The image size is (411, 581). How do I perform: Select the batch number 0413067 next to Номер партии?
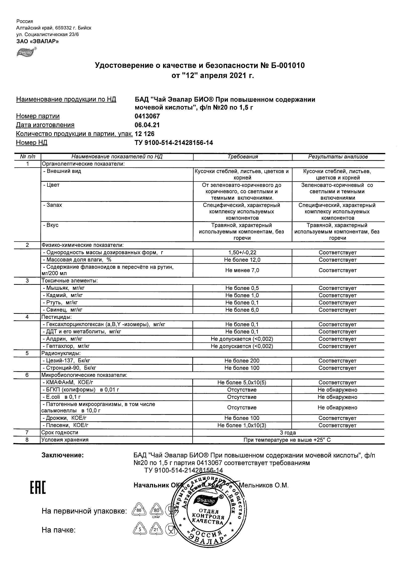tap(147, 116)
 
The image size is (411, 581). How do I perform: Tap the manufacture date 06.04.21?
tap(147, 125)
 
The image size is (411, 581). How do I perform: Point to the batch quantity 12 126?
tap(145, 134)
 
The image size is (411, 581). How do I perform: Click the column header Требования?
tap(242, 157)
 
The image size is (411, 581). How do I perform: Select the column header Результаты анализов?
tap(338, 157)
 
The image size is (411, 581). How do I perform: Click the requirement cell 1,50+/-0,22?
tap(242, 253)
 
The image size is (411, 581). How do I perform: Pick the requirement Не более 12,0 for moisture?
tap(242, 260)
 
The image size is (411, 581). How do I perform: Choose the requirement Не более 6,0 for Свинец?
tap(242, 310)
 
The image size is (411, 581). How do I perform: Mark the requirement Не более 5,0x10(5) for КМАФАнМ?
tap(242, 383)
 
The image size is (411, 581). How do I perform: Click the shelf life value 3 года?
tap(288, 433)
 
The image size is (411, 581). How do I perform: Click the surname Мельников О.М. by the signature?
tap(264, 485)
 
